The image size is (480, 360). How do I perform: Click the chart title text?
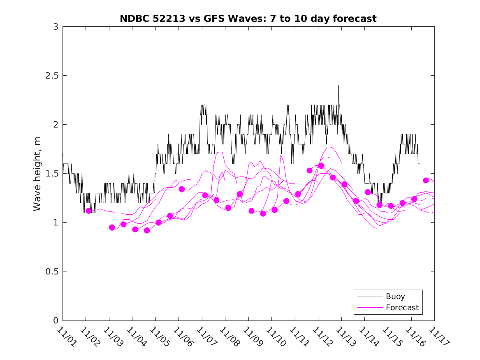[248, 19]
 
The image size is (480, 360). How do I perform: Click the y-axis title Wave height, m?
[37, 174]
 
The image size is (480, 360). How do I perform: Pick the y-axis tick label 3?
[56, 27]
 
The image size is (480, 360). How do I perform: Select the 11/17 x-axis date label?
[436, 337]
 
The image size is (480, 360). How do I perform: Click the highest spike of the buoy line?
[339, 86]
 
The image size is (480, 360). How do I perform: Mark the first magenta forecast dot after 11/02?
[88, 211]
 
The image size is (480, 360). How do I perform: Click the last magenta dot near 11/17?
[426, 180]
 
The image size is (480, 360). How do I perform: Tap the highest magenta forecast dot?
[321, 165]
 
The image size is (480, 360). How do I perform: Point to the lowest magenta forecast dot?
[147, 230]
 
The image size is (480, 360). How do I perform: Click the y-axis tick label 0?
[56, 321]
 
